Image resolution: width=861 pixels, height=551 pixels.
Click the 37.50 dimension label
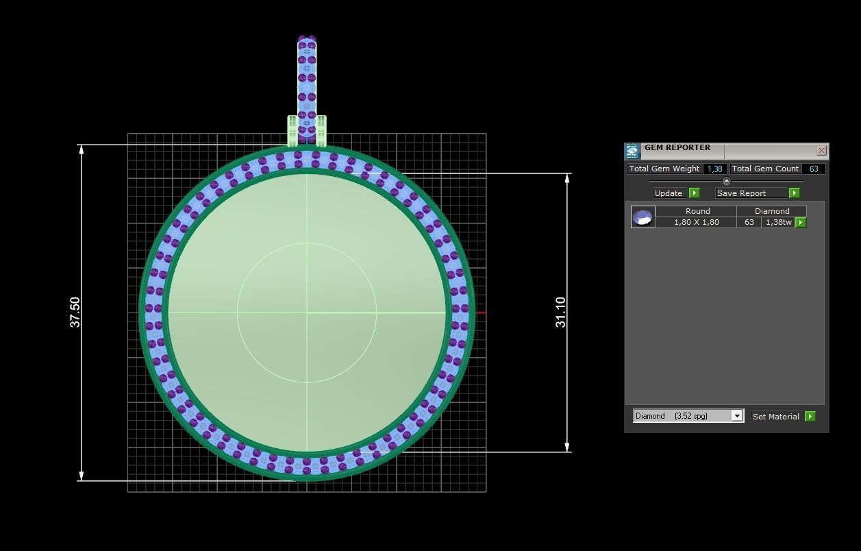pyautogui.click(x=75, y=313)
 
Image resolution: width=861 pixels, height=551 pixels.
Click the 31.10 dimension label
pyautogui.click(x=561, y=313)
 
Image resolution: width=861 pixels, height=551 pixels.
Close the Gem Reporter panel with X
pyautogui.click(x=821, y=151)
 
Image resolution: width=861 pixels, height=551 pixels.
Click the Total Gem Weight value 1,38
pyautogui.click(x=715, y=169)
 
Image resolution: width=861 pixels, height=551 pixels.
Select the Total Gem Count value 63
pyautogui.click(x=814, y=169)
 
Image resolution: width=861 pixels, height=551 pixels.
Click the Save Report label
pyautogui.click(x=741, y=193)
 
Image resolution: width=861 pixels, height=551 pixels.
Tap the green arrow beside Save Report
pyautogui.click(x=795, y=193)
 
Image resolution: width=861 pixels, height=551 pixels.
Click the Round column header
pyautogui.click(x=697, y=211)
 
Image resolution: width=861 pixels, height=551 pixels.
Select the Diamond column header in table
pyautogui.click(x=772, y=211)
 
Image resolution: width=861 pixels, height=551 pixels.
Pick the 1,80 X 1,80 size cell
pyautogui.click(x=696, y=222)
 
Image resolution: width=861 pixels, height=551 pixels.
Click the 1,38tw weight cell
pyautogui.click(x=778, y=222)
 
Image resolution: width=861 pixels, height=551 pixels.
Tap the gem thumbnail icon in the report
pyautogui.click(x=642, y=217)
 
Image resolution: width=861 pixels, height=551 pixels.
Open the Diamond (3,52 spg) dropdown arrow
pyautogui.click(x=737, y=416)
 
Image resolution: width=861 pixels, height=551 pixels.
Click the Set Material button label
pyautogui.click(x=775, y=417)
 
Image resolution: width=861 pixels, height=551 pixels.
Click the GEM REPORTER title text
pyautogui.click(x=677, y=147)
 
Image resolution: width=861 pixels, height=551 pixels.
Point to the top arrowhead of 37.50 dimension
pyautogui.click(x=82, y=149)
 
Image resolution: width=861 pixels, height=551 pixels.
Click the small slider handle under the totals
pyautogui.click(x=727, y=181)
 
